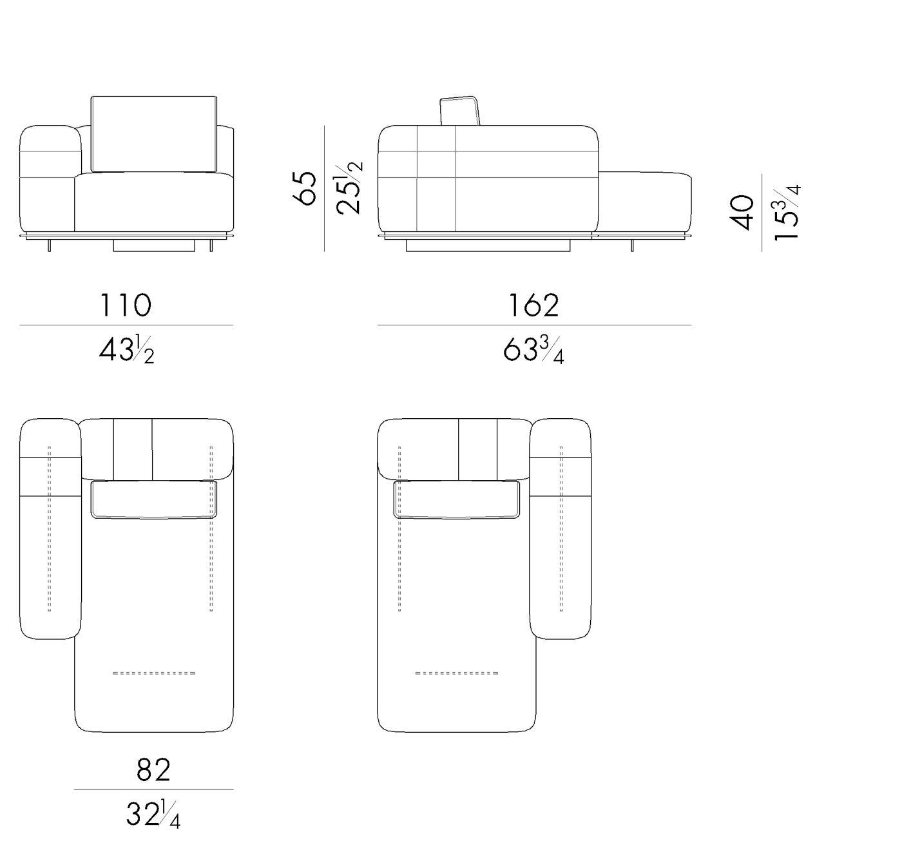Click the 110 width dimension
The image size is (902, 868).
[126, 305]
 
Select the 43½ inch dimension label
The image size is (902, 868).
[126, 351]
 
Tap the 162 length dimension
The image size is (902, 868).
[533, 305]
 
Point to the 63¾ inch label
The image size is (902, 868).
[533, 351]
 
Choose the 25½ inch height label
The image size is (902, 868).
[348, 188]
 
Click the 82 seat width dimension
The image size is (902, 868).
[153, 769]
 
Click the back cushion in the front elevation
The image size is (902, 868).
[153, 134]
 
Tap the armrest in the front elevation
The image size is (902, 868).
[48, 180]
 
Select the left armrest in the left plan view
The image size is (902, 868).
[50, 528]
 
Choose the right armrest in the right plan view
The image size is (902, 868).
[561, 528]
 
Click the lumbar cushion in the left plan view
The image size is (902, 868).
[153, 499]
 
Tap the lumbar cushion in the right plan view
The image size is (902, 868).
[456, 499]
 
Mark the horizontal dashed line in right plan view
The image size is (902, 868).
[456, 673]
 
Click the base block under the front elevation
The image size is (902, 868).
[154, 245]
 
